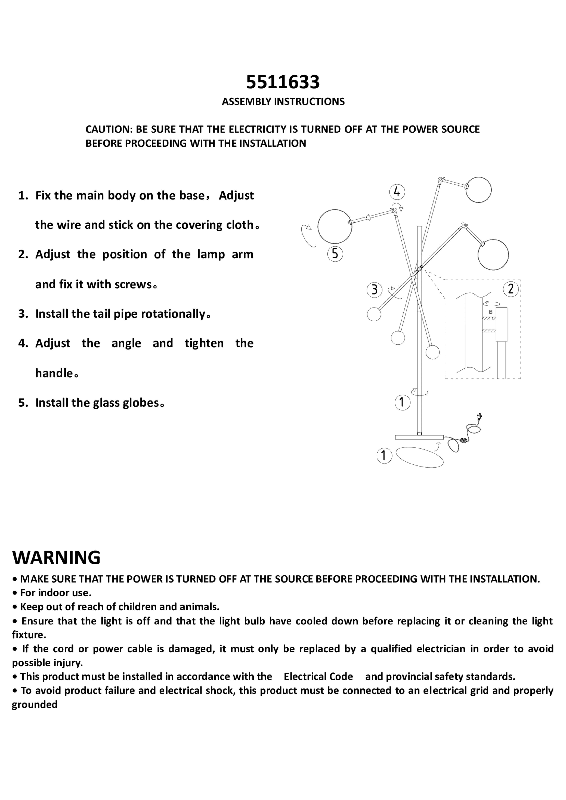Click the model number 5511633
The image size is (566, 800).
(x=283, y=82)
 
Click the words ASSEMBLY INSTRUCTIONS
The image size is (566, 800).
(x=283, y=102)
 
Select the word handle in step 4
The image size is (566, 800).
(x=54, y=373)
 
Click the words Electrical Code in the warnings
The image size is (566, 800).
(x=318, y=676)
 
